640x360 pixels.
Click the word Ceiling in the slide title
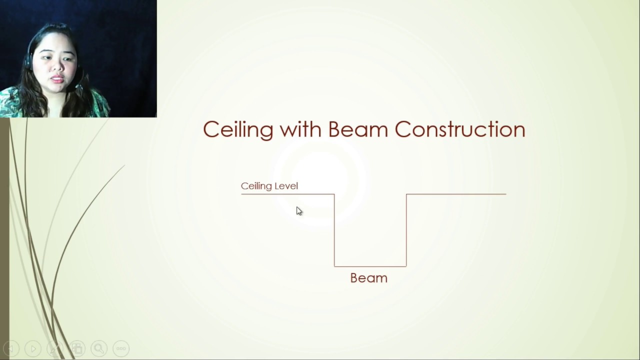point(238,129)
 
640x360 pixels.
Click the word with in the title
point(300,129)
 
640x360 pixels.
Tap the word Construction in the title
point(459,129)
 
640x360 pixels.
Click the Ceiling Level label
point(269,186)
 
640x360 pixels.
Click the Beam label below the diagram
point(368,278)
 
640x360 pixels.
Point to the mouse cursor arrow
point(298,210)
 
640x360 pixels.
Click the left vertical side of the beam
point(334,230)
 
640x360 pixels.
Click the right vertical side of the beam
point(406,230)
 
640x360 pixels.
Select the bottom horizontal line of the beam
point(370,266)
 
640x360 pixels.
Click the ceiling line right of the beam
point(456,194)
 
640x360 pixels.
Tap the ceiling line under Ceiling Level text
point(287,194)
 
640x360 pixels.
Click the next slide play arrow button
point(33,348)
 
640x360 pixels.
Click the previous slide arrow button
point(11,348)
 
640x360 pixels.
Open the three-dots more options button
point(121,348)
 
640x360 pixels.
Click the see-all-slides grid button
point(77,348)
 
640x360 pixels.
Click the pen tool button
point(55,348)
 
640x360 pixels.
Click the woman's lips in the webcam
point(56,79)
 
